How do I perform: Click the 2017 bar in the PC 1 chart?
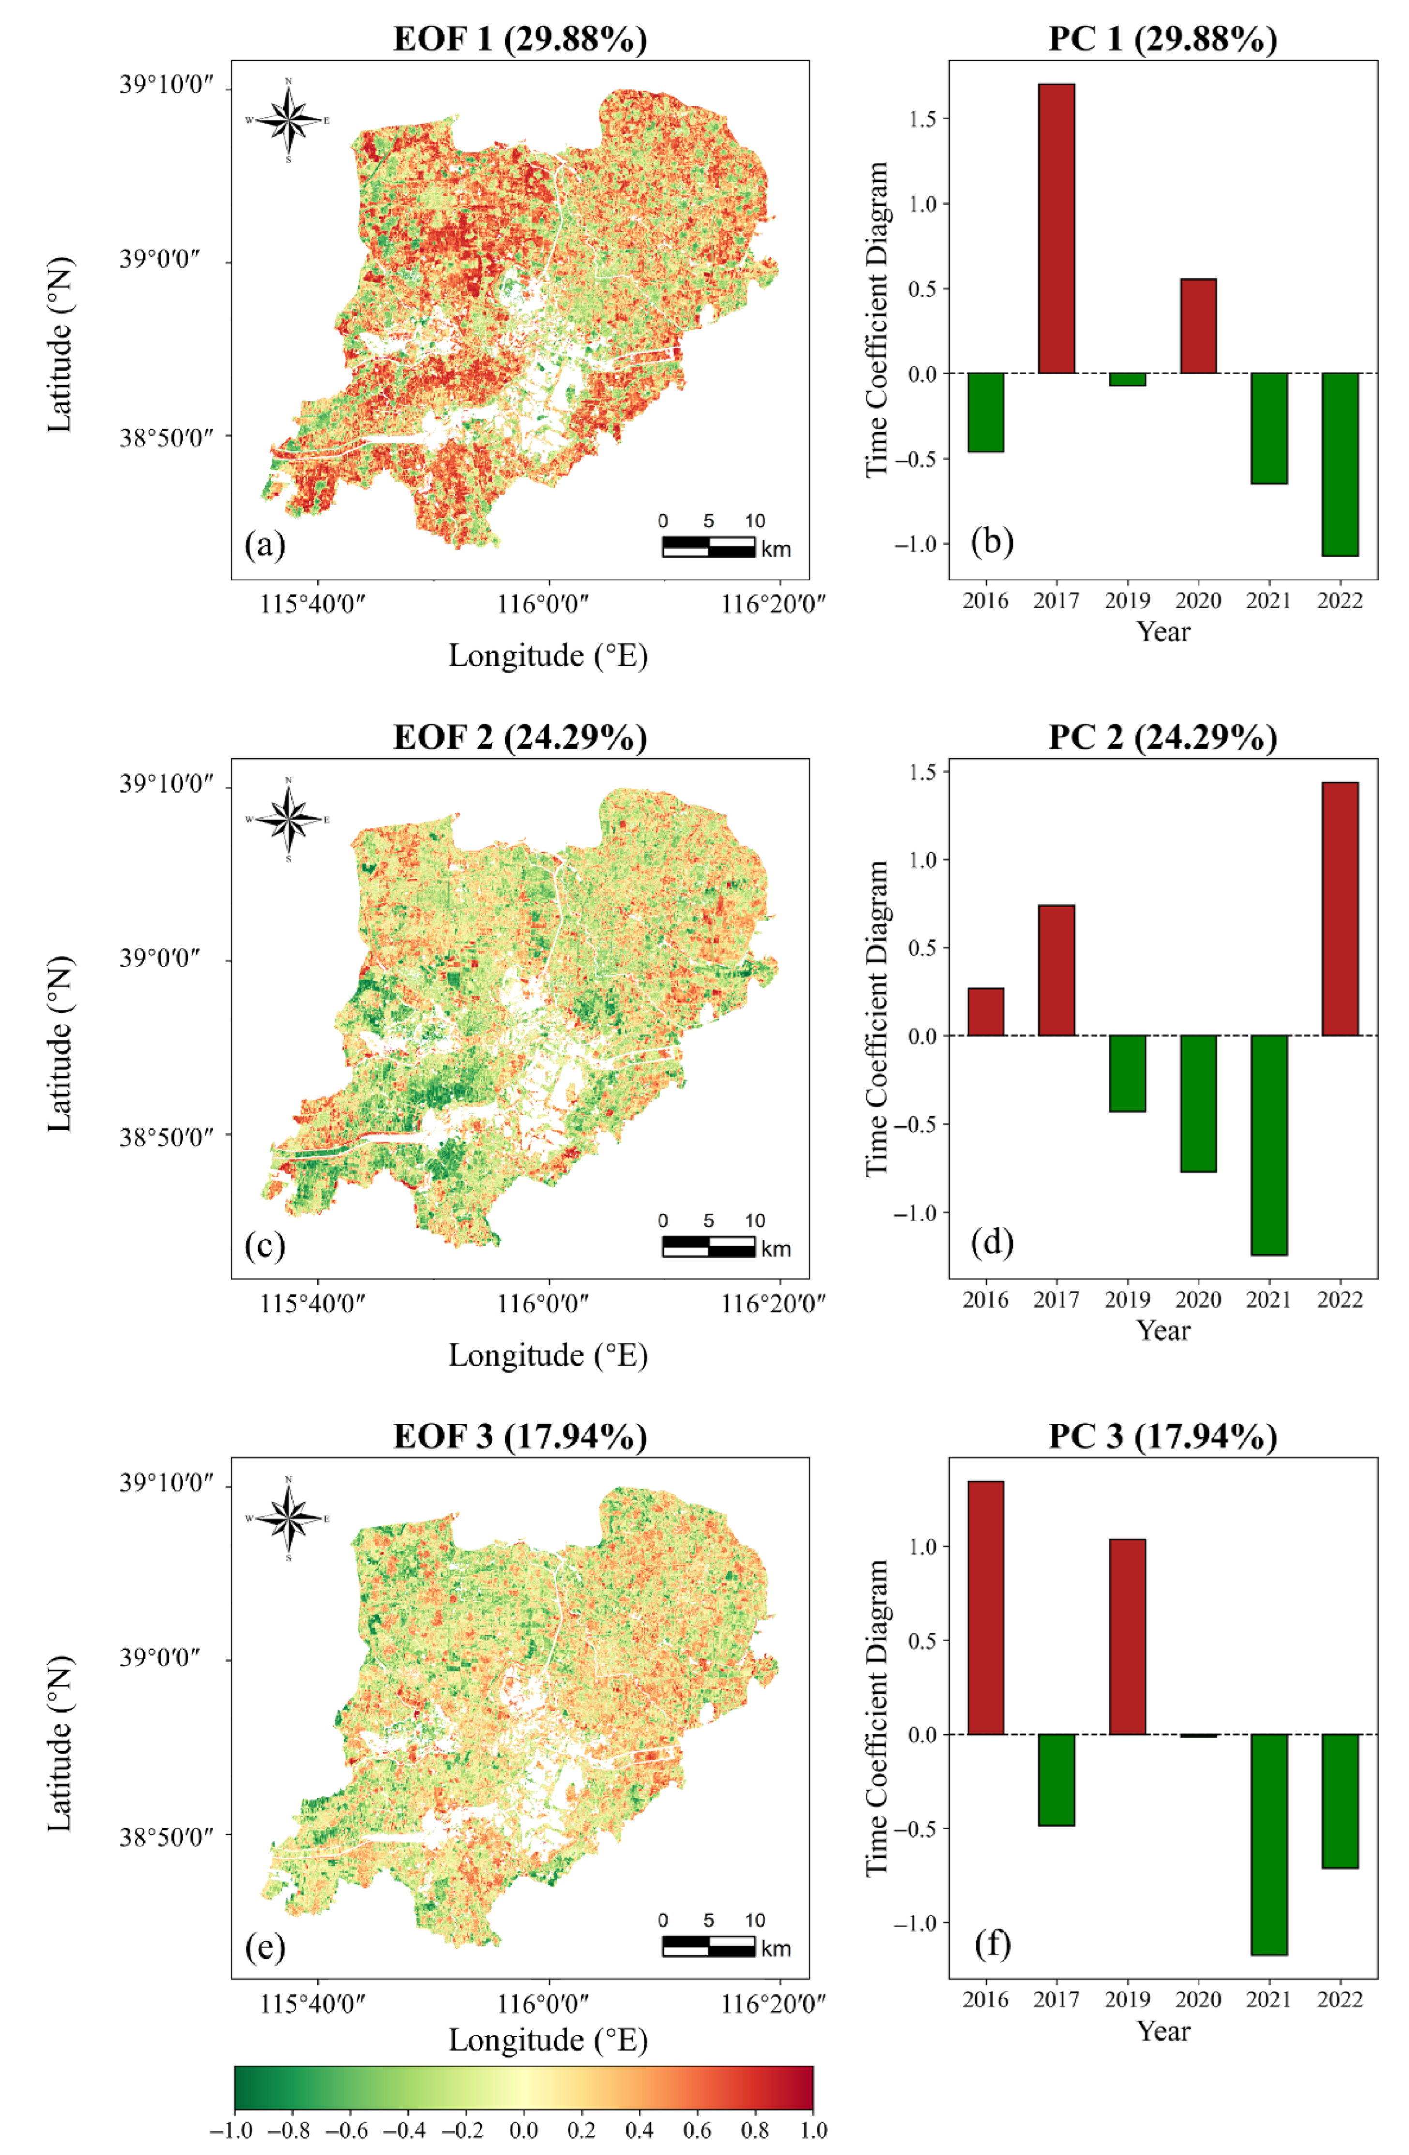1056,228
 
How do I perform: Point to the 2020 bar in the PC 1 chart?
1198,326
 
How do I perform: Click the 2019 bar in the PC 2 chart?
1127,1073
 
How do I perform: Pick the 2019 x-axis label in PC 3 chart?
1127,1998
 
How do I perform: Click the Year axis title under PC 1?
1163,631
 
